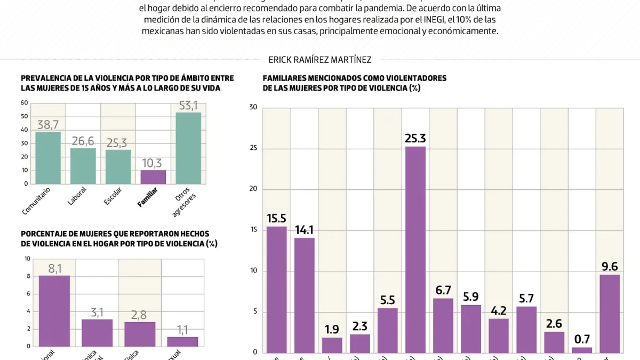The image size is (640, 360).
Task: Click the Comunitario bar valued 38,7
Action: (48, 158)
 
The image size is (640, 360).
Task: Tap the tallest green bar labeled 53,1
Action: (188, 148)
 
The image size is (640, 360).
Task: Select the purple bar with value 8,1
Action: (54, 311)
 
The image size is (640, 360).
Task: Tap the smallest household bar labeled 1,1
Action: (182, 341)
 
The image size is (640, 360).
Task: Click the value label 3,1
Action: (97, 312)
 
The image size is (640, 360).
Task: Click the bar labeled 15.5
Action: (277, 289)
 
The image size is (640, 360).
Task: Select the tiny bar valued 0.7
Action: (582, 350)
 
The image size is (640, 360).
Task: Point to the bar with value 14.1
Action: (305, 294)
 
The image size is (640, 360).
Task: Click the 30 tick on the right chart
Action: (253, 108)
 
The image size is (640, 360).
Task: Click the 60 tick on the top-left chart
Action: (25, 103)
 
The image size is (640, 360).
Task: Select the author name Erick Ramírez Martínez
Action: (320, 60)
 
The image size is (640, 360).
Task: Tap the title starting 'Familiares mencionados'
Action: (355, 83)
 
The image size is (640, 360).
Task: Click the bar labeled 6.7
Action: (443, 325)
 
